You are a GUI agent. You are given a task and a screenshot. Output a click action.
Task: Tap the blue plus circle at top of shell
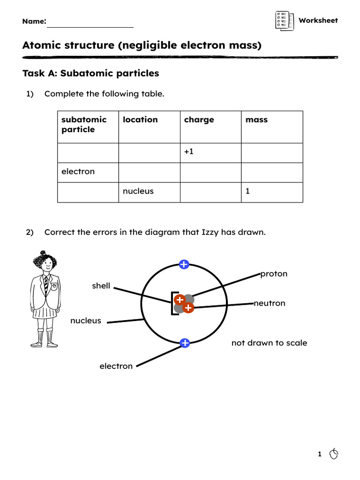pyautogui.click(x=184, y=265)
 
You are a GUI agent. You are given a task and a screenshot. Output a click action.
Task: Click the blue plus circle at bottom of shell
pyautogui.click(x=185, y=343)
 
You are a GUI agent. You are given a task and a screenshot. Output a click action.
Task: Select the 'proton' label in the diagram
pyautogui.click(x=274, y=274)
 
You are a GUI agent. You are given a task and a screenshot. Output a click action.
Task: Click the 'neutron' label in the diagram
pyautogui.click(x=270, y=303)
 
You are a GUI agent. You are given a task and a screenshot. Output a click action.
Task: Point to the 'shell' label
pyautogui.click(x=101, y=286)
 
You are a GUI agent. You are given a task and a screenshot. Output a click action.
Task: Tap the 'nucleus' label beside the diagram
pyautogui.click(x=86, y=321)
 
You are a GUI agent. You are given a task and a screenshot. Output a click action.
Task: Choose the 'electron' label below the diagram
pyautogui.click(x=116, y=366)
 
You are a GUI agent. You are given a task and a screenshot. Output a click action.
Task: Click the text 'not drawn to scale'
pyautogui.click(x=269, y=343)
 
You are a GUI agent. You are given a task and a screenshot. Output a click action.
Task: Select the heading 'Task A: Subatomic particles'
pyautogui.click(x=90, y=74)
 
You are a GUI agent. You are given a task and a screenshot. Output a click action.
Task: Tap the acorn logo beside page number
pyautogui.click(x=334, y=454)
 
